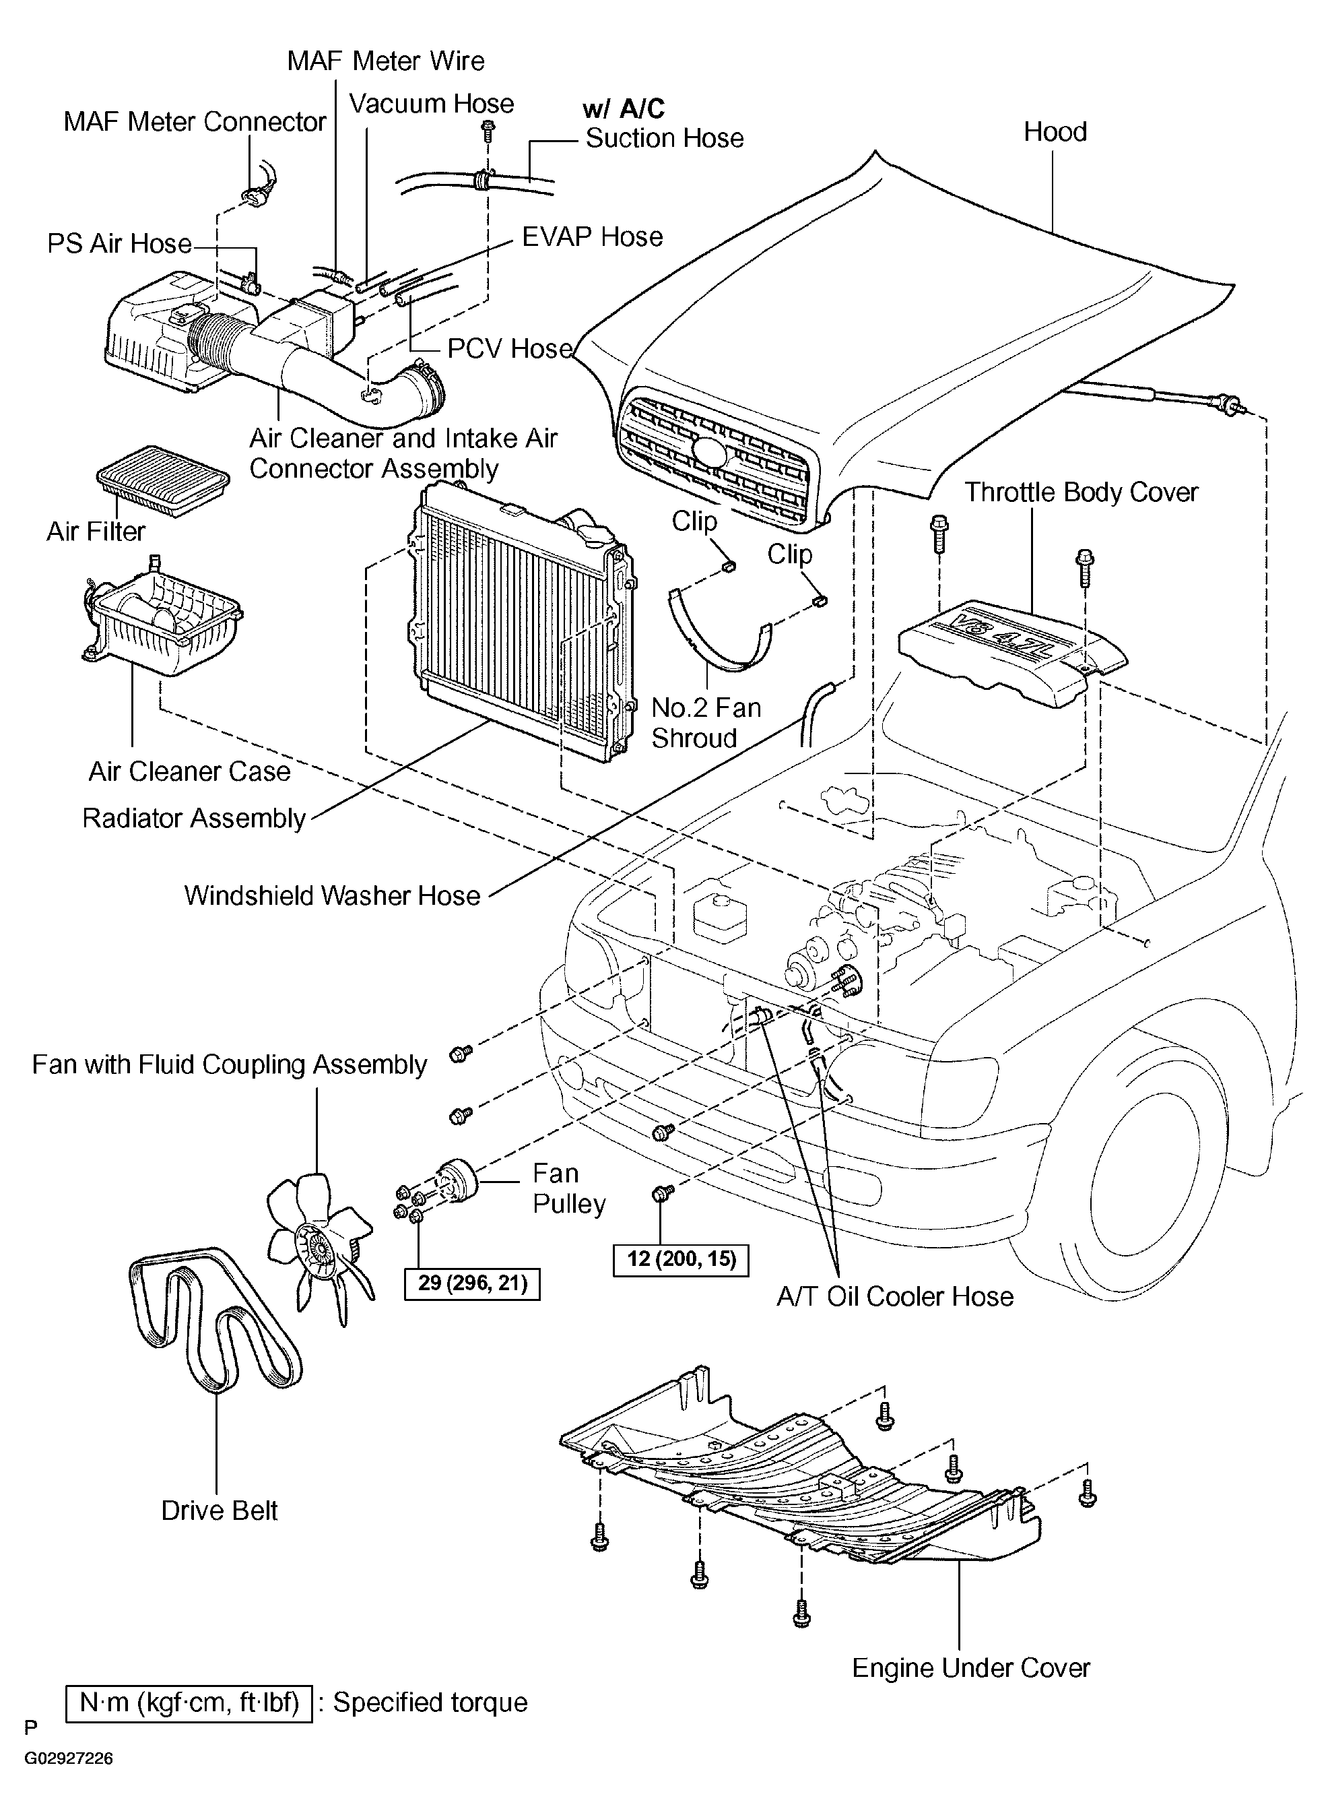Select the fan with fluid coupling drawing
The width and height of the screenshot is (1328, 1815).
coord(320,1246)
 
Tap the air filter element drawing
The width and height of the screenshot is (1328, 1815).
coord(163,481)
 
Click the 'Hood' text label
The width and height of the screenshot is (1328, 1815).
coord(1055,131)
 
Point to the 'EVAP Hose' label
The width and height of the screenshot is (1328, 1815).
coord(593,236)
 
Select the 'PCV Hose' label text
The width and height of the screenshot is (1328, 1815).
coord(510,348)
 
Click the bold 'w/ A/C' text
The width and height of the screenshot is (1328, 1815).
coord(624,108)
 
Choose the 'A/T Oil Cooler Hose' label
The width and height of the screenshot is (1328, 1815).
coord(895,1296)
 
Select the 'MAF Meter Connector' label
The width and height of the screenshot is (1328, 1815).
coord(195,121)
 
